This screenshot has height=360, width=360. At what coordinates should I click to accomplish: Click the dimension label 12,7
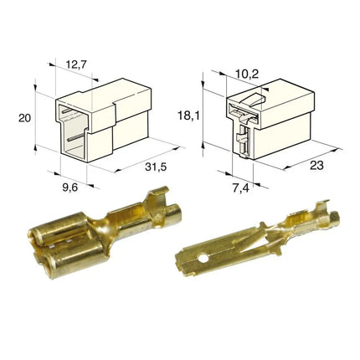pos(77,64)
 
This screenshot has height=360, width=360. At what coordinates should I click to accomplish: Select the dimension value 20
pos(25,118)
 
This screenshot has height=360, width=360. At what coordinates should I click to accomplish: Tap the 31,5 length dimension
pos(156,167)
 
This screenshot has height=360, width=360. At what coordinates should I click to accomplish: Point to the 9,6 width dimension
pos(69,188)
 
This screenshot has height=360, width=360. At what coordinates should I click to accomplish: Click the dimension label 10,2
pos(247,75)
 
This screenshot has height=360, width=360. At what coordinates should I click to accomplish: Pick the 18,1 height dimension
pos(188,116)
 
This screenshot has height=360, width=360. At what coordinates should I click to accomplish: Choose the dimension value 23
pos(316,165)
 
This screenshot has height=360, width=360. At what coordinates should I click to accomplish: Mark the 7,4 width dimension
pos(241,188)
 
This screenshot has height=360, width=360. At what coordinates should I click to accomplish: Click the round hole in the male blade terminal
pos(203,259)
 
